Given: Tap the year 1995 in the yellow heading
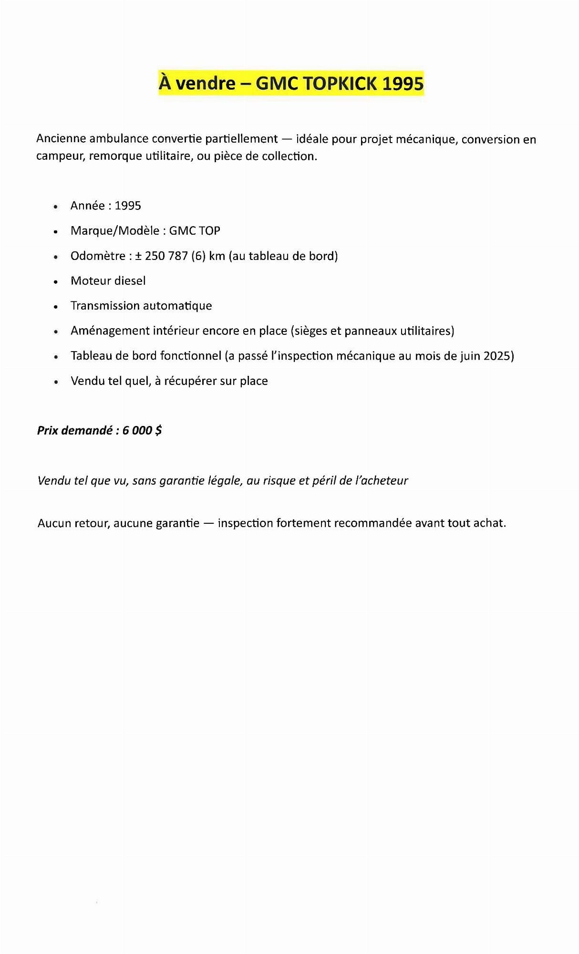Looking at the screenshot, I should [x=403, y=84].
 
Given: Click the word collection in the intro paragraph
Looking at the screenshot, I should [x=289, y=156].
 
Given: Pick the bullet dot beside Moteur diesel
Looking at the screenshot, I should [x=56, y=281].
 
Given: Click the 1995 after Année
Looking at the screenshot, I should [x=128, y=206].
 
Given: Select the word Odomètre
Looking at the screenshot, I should [x=97, y=256].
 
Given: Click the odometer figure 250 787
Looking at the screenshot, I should [x=166, y=256].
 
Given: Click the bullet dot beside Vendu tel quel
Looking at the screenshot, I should [x=56, y=382].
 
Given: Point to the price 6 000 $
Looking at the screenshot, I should [x=142, y=430].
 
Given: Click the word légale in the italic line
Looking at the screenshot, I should [x=225, y=480].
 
